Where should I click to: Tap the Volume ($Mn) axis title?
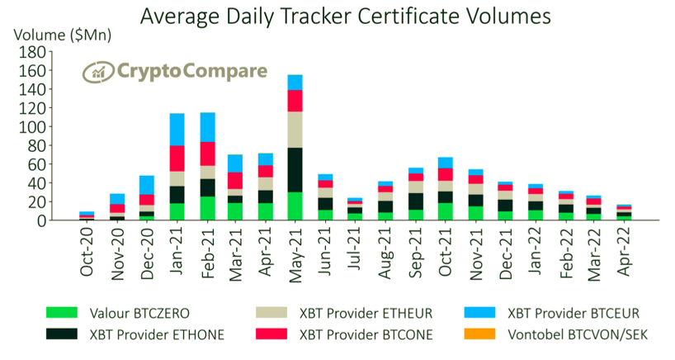coord(63,36)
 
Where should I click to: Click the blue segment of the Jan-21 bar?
coord(176,129)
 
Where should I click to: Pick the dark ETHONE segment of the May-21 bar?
coord(295,170)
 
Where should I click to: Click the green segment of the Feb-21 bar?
coord(206,208)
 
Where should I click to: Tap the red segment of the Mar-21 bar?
coord(235,180)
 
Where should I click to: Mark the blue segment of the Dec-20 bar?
coord(146,185)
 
